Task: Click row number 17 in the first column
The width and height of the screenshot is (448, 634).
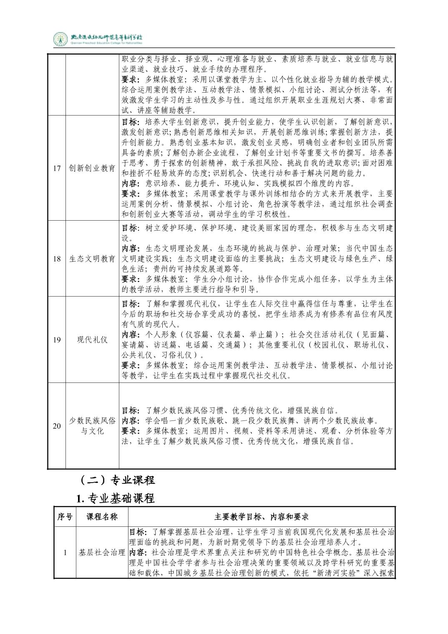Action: pyautogui.click(x=57, y=168)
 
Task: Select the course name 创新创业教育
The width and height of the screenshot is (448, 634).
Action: pyautogui.click(x=92, y=168)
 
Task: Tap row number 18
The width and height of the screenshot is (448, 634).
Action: pyautogui.click(x=57, y=259)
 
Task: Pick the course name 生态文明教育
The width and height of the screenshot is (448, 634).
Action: pyautogui.click(x=92, y=259)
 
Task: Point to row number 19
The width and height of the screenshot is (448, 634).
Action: pyautogui.click(x=57, y=340)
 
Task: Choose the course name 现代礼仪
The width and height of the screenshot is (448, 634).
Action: pyautogui.click(x=92, y=340)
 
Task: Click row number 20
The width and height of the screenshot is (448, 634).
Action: pyautogui.click(x=57, y=426)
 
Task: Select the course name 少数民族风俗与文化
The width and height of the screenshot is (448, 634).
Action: pyautogui.click(x=92, y=426)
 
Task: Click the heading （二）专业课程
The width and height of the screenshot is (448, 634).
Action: pyautogui.click(x=116, y=480)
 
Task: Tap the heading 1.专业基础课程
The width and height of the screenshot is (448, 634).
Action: pyautogui.click(x=116, y=498)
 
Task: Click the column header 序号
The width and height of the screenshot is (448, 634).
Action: pyautogui.click(x=65, y=517)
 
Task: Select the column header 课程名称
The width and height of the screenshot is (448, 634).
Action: pyautogui.click(x=102, y=517)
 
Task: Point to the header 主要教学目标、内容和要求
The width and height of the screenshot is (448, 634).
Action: pyautogui.click(x=262, y=517)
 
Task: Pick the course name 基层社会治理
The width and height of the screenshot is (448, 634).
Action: pyautogui.click(x=102, y=553)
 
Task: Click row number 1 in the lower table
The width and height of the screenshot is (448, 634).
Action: pyautogui.click(x=65, y=553)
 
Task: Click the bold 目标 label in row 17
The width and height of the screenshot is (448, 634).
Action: pyautogui.click(x=130, y=122)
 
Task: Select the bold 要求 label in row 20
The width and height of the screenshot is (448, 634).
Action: pyautogui.click(x=130, y=431)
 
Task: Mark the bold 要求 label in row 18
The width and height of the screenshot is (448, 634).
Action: pyautogui.click(x=130, y=279)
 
